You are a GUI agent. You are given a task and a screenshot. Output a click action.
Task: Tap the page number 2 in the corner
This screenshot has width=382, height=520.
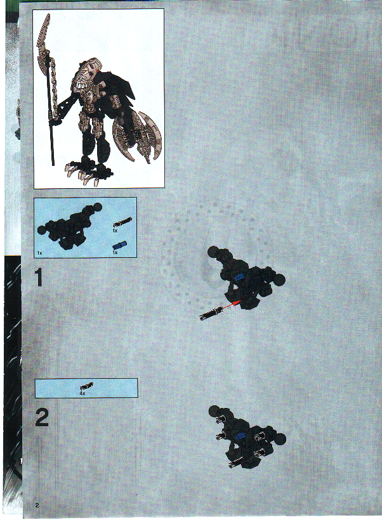(37, 504)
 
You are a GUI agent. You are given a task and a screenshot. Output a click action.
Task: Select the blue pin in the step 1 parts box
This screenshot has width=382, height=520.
(116, 244)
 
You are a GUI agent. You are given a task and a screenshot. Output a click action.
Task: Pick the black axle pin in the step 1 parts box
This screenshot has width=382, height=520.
(122, 222)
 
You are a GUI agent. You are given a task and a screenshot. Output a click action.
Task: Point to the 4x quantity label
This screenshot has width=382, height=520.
(82, 393)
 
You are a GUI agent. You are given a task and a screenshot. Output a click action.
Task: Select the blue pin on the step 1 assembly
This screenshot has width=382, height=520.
(239, 276)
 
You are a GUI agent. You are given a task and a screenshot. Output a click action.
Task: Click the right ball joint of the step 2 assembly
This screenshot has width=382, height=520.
(280, 437)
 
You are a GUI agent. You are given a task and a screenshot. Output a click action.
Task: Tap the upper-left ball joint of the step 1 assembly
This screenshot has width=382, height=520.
(214, 253)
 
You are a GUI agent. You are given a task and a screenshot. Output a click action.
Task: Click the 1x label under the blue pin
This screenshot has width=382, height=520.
(115, 253)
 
